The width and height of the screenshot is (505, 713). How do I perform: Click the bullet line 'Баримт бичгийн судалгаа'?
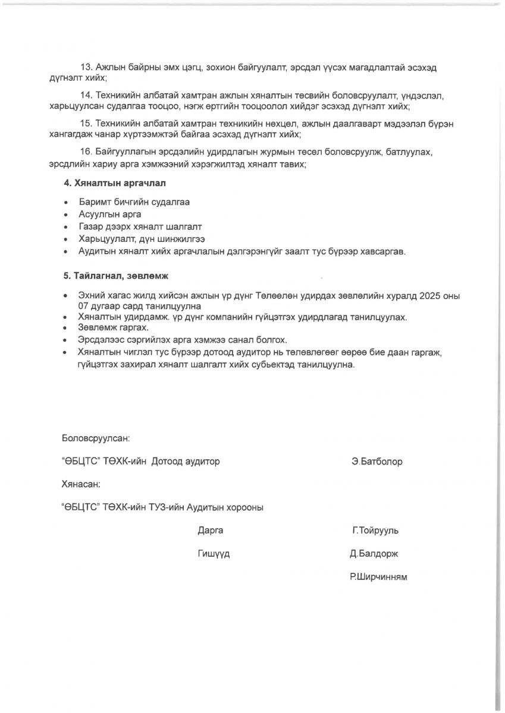134,202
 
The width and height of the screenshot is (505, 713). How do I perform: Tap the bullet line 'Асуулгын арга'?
109,214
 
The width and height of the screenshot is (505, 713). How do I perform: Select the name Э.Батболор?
377,462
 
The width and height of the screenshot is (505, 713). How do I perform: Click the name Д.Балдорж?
374,554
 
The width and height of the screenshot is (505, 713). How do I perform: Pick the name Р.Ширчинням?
378,577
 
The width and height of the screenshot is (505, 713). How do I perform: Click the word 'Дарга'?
211,531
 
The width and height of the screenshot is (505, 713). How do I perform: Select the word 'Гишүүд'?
214,554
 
